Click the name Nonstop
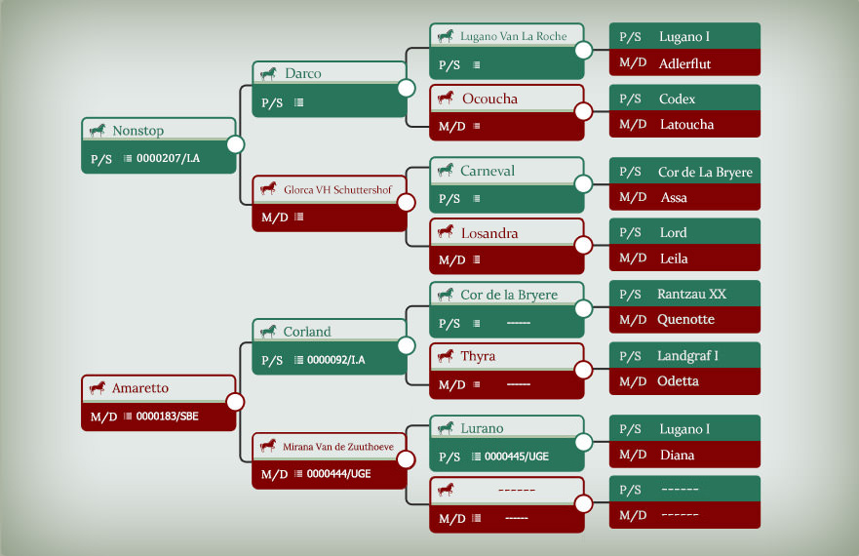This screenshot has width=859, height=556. tap(138, 131)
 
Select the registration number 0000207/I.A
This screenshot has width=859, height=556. tap(168, 158)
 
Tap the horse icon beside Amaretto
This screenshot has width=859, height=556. tap(98, 388)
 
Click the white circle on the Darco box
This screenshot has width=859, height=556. tap(406, 88)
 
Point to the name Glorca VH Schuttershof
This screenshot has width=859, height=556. tap(337, 189)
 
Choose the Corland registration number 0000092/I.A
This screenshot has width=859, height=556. tap(335, 360)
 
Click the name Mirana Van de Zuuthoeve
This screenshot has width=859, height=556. tap(338, 447)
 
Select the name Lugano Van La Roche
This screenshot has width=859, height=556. tap(513, 36)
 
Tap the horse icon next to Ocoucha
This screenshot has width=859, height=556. tap(446, 99)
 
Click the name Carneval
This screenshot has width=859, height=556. tap(487, 171)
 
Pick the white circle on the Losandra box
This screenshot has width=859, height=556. tap(583, 245)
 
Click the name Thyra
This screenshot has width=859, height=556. tap(478, 356)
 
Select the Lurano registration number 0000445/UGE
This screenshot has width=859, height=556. tap(517, 457)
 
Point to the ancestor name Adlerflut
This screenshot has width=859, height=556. tap(684, 63)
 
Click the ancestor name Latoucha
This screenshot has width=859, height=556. tap(687, 125)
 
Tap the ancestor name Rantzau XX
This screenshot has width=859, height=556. tap(692, 294)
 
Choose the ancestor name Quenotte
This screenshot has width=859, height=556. tap(685, 319)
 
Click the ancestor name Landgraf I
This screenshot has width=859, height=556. tap(687, 356)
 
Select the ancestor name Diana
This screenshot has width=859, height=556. tap(677, 456)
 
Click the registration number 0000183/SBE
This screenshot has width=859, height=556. tap(167, 417)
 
